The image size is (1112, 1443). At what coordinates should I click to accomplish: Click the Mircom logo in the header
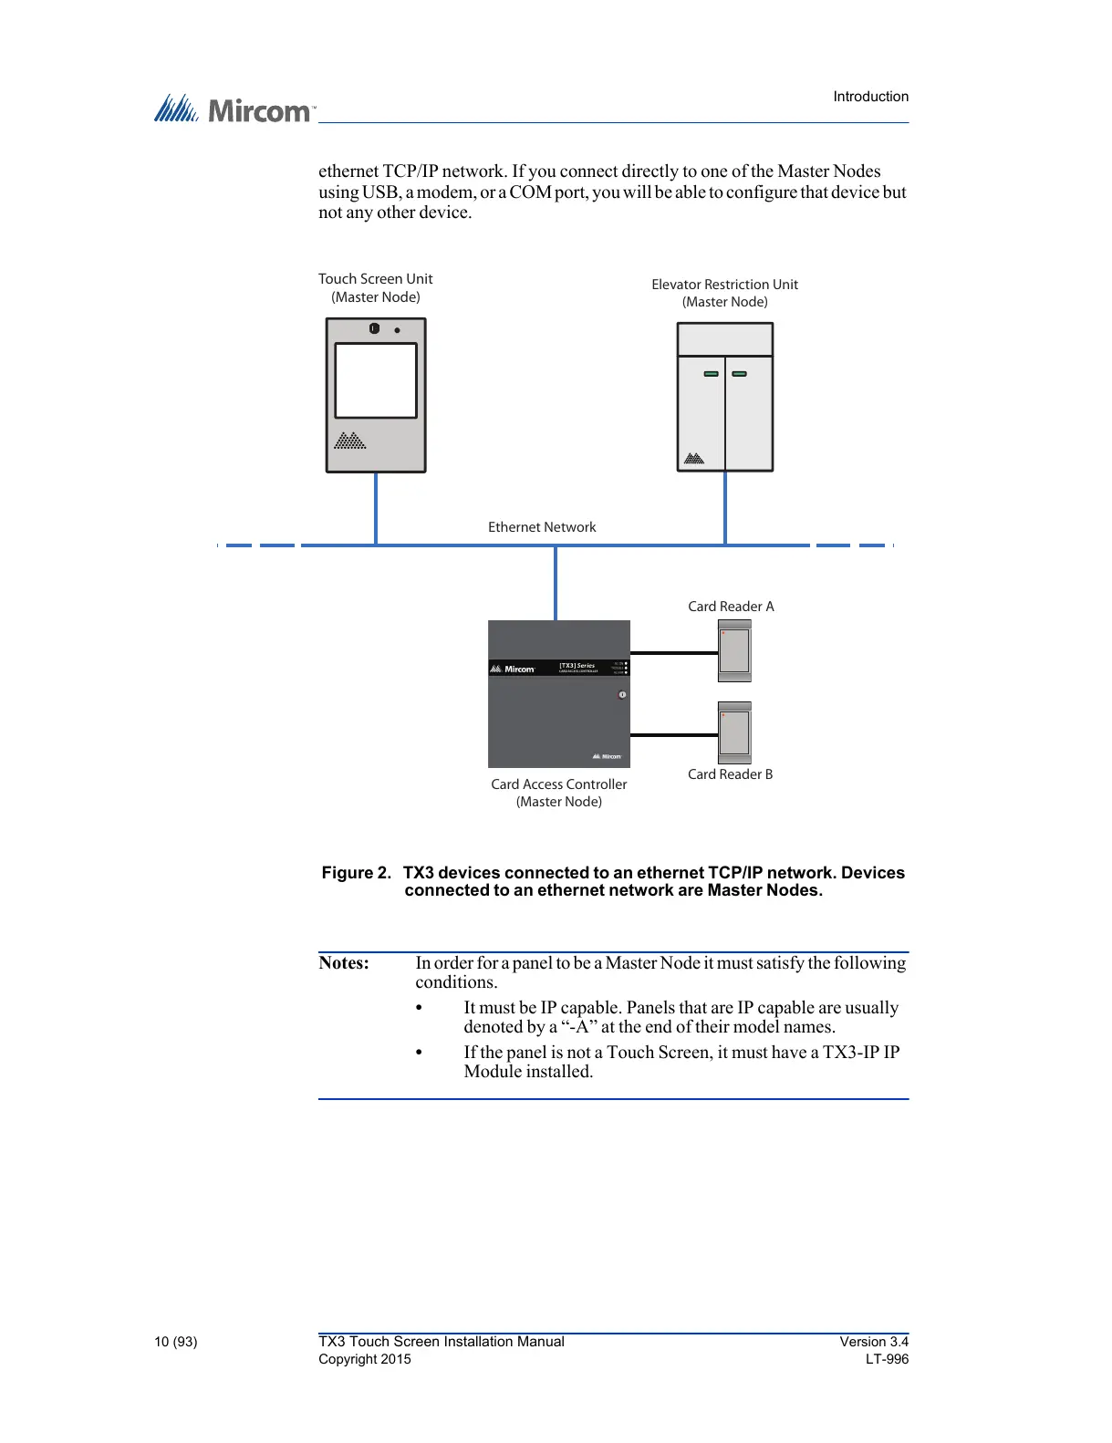234,109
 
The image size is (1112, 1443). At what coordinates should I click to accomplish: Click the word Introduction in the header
870,97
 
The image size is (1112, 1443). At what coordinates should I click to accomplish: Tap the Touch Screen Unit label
375,279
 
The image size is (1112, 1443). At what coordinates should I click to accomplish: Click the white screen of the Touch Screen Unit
376,380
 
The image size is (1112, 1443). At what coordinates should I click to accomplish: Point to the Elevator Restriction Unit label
724,285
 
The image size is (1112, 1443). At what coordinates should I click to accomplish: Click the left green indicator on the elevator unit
711,374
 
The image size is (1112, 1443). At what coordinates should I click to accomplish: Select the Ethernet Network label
542,527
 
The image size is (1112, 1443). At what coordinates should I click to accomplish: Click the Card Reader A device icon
734,651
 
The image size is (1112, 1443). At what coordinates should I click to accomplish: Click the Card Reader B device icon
734,732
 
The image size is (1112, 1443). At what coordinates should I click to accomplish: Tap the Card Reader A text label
731,607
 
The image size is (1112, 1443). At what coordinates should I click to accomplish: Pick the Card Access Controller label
559,784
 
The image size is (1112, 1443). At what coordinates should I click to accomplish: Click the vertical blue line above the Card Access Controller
556,584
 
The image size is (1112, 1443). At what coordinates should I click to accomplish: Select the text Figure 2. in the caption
356,873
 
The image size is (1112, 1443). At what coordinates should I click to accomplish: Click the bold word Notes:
344,963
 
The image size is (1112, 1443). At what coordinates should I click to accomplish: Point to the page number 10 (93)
176,1342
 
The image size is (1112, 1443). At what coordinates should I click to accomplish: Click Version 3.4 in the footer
874,1342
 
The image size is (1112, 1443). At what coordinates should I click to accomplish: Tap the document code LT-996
887,1359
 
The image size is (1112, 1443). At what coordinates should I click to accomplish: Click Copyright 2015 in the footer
365,1359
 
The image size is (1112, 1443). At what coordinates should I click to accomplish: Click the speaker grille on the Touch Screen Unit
350,441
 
